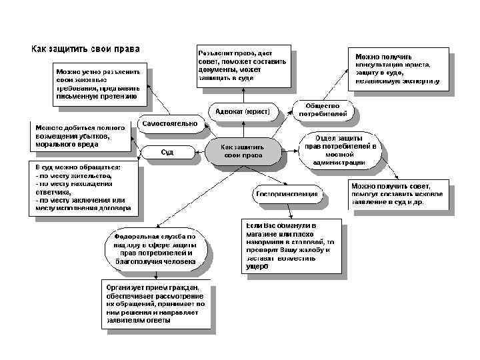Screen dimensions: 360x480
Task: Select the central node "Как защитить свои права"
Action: pyautogui.click(x=243, y=151)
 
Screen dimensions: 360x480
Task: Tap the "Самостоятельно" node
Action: pyautogui.click(x=168, y=123)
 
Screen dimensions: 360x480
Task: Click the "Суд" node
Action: pyautogui.click(x=167, y=153)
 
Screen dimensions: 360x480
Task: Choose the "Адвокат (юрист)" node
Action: pyautogui.click(x=243, y=111)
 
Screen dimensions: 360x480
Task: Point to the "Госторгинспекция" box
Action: pyautogui.click(x=287, y=194)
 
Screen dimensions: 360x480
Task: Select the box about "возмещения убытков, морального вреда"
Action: pyautogui.click(x=81, y=136)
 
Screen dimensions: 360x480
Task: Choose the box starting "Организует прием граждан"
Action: pyautogui.click(x=157, y=303)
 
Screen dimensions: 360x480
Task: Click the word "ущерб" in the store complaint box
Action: pyautogui.click(x=257, y=265)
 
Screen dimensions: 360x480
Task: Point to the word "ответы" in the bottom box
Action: pyautogui.click(x=160, y=320)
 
